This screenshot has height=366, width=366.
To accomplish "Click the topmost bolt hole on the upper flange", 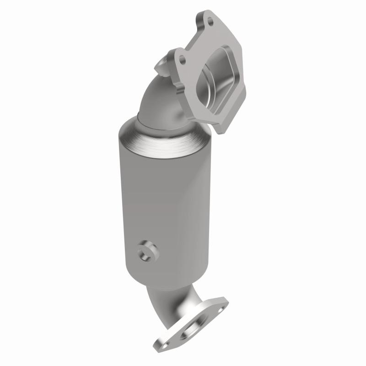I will point(210,20).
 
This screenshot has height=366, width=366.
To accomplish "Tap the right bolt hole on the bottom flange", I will point(216,306).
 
